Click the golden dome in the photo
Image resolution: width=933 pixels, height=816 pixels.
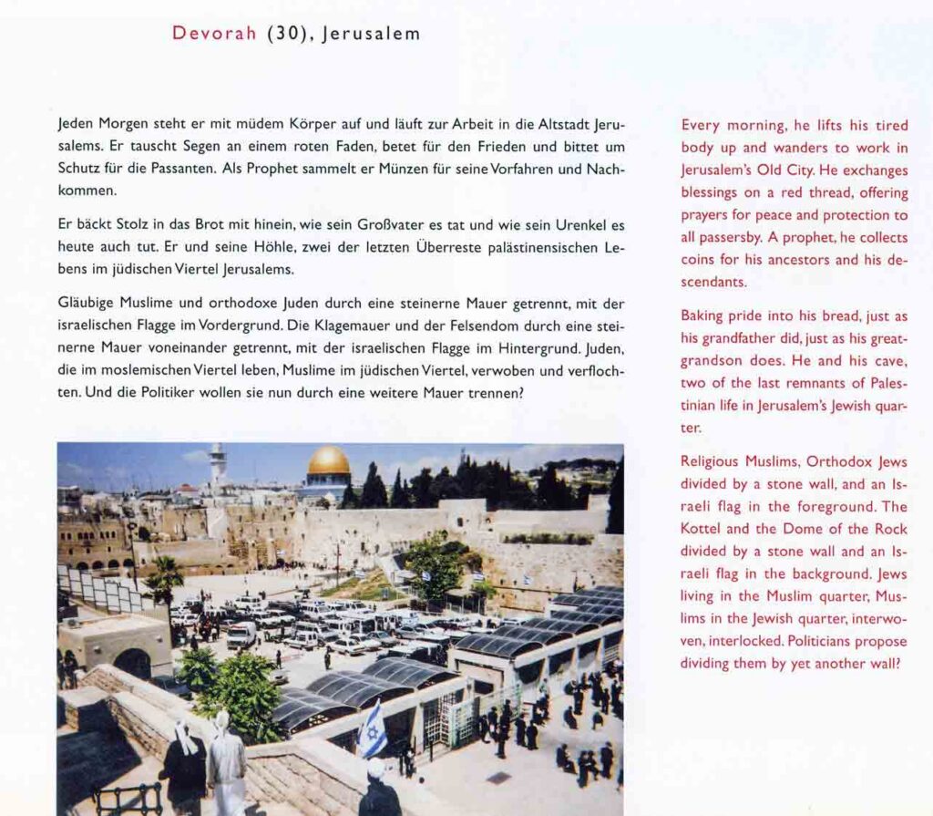329,463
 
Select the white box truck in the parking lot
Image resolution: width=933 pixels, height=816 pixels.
242,635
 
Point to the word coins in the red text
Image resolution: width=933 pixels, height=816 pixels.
702,260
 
